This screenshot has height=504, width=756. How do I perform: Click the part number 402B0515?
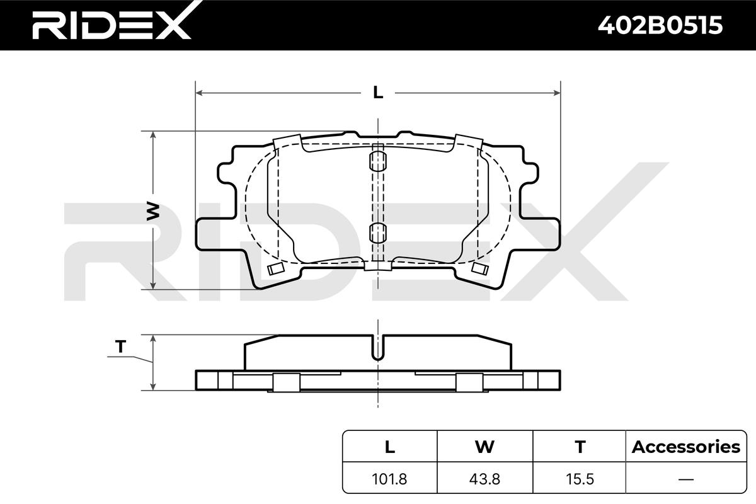(660, 25)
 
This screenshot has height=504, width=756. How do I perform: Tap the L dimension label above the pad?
(378, 92)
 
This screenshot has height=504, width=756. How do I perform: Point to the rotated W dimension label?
(153, 211)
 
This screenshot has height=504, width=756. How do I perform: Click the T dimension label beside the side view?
(120, 346)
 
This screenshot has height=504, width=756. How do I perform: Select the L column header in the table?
(390, 447)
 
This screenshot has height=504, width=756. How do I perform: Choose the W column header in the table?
(484, 447)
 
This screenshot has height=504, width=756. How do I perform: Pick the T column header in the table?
(580, 447)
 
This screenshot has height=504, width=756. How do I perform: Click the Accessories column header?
(686, 447)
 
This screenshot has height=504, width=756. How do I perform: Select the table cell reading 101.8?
(389, 479)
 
